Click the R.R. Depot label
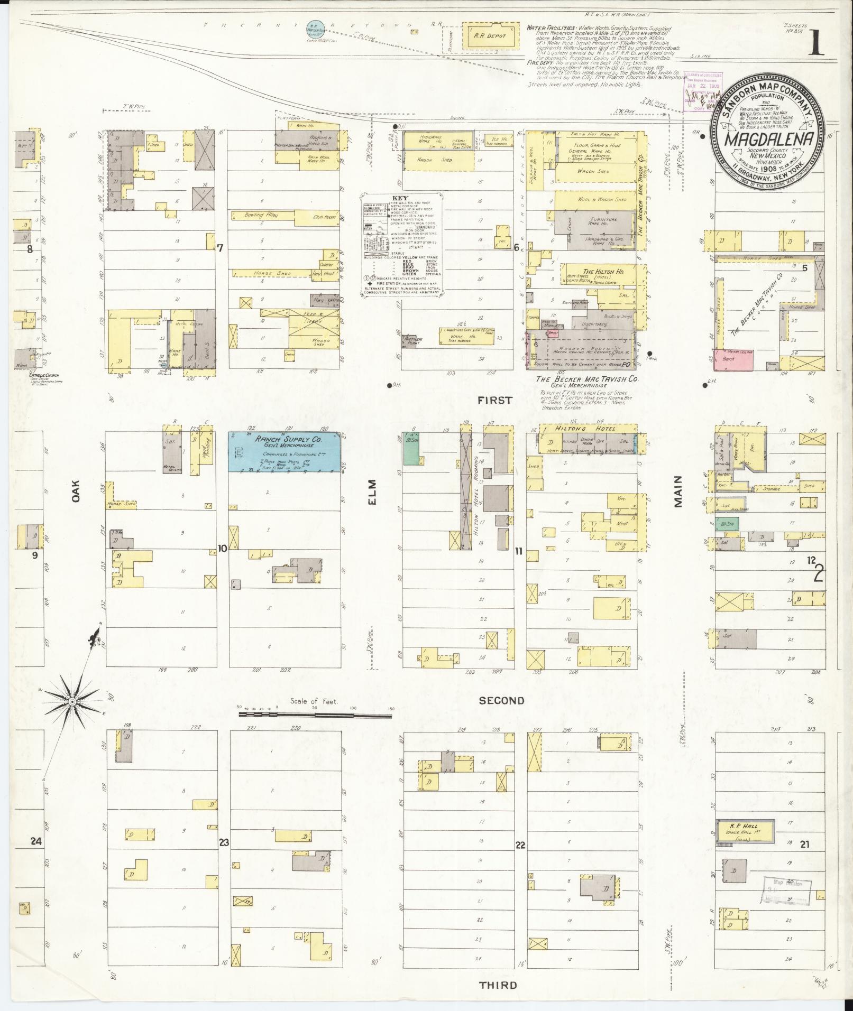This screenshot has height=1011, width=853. (489, 36)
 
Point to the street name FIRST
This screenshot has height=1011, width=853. (495, 401)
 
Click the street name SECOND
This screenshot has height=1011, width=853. (501, 701)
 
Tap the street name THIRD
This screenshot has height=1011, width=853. (498, 985)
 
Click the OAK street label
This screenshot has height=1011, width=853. (75, 490)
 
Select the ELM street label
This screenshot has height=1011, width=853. (372, 492)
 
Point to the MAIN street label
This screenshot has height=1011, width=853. (678, 491)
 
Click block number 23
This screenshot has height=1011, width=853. (224, 842)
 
